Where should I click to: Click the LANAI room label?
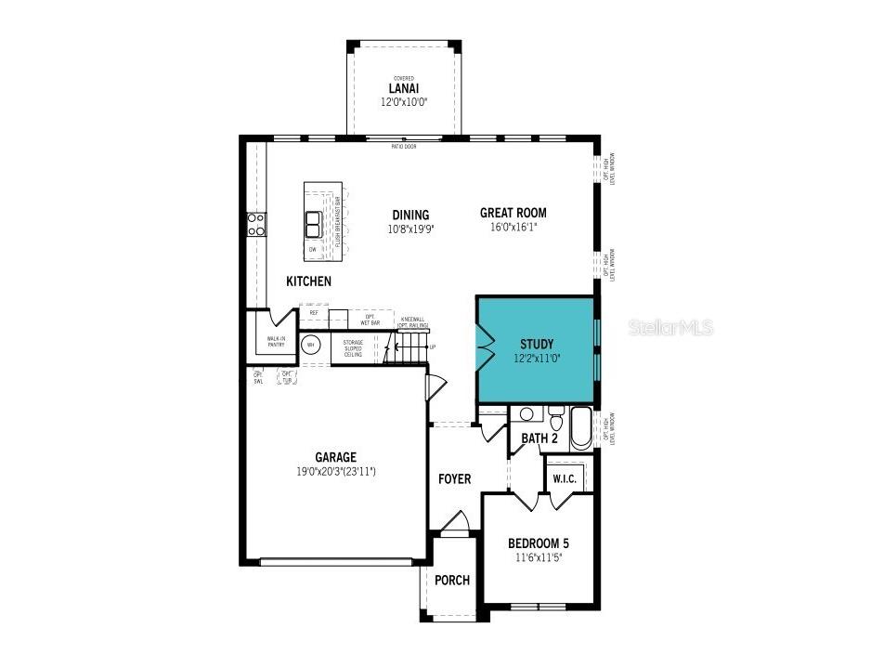tap(404, 88)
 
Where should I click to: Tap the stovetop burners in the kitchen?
tap(255, 224)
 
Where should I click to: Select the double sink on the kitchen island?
tap(314, 224)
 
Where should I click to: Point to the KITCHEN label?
tap(308, 281)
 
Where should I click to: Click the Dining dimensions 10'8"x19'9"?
tap(410, 229)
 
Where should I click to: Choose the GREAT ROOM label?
tap(513, 213)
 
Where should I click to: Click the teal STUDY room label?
tap(536, 344)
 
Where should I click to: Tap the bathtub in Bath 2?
tap(580, 428)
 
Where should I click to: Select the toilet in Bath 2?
tap(556, 419)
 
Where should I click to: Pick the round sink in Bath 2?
tap(526, 414)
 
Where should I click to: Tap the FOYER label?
tap(454, 479)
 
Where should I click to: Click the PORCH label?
tap(452, 581)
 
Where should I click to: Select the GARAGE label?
tap(335, 457)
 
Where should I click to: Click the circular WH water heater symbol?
tap(312, 346)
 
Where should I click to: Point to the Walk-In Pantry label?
tap(276, 342)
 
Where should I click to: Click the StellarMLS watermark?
tap(670, 327)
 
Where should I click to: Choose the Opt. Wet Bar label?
tap(370, 319)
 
